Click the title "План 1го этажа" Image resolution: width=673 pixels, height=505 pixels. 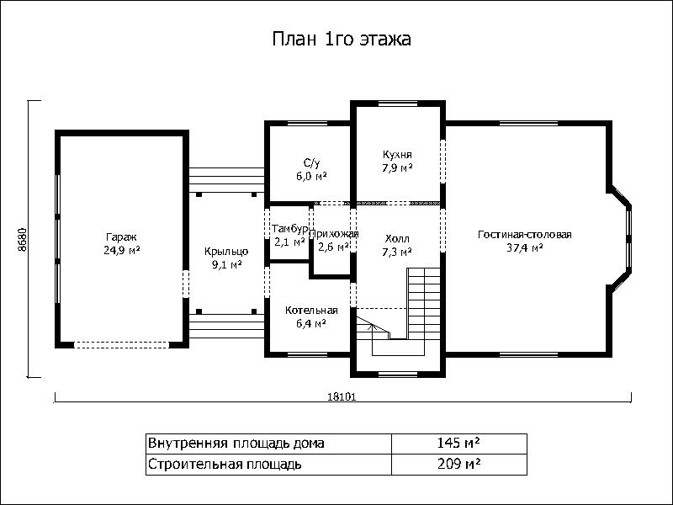pyautogui.click(x=342, y=39)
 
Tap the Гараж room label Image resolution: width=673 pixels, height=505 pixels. pyautogui.click(x=121, y=237)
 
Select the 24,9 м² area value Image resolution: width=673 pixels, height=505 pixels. pyautogui.click(x=121, y=250)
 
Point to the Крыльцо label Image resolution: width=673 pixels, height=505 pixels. pyautogui.click(x=226, y=252)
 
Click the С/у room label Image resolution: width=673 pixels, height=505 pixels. pyautogui.click(x=312, y=163)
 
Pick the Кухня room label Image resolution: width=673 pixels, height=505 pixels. pyautogui.click(x=397, y=155)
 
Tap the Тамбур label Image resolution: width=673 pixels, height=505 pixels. pyautogui.click(x=289, y=229)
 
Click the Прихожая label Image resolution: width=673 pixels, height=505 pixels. pyautogui.click(x=334, y=234)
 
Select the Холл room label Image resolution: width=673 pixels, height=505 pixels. pyautogui.click(x=397, y=239)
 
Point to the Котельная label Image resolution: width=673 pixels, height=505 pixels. pyautogui.click(x=311, y=311)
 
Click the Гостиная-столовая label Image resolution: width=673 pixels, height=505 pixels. pyautogui.click(x=524, y=235)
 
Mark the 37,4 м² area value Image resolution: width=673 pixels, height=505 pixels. pyautogui.click(x=525, y=248)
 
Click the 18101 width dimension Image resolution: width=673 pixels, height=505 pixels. pyautogui.click(x=342, y=396)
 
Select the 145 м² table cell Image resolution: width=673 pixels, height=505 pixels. pyautogui.click(x=458, y=444)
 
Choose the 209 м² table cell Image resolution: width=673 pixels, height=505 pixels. pyautogui.click(x=458, y=465)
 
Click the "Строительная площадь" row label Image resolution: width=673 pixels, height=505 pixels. pyautogui.click(x=225, y=465)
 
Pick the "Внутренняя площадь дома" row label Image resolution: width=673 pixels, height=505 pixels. pyautogui.click(x=236, y=444)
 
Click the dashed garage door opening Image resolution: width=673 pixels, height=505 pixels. pyautogui.click(x=121, y=345)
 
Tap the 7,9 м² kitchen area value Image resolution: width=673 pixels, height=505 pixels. pyautogui.click(x=397, y=167)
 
